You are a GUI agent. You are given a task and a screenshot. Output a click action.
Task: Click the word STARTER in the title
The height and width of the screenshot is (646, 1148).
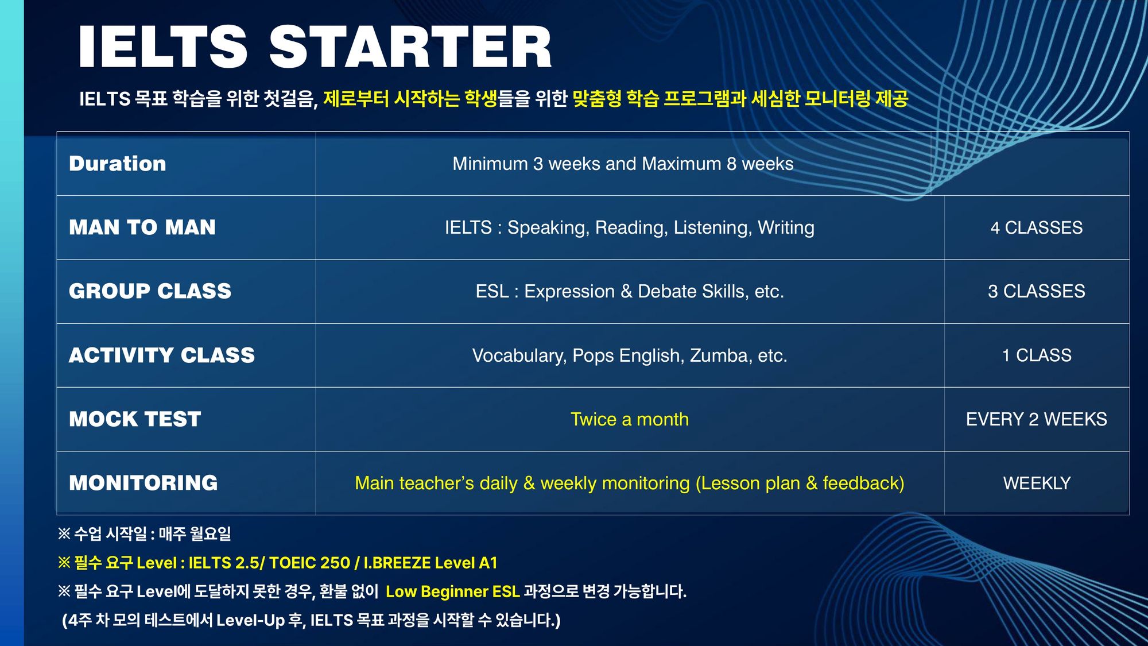(410, 47)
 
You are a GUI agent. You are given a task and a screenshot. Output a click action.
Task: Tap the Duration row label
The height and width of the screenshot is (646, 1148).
(118, 164)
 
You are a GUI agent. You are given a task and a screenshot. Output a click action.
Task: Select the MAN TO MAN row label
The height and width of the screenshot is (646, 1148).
(142, 227)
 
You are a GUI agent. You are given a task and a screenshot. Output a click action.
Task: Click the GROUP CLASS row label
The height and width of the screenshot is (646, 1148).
(150, 291)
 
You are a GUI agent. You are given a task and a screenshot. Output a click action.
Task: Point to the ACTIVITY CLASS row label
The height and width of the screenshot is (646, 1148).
(162, 355)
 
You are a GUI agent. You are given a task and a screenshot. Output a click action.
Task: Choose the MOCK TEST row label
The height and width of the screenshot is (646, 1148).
(135, 419)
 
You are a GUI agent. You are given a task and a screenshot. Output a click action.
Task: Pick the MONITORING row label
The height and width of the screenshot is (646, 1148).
(143, 483)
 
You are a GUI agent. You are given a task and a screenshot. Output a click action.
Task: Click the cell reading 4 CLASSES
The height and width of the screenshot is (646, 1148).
(1037, 228)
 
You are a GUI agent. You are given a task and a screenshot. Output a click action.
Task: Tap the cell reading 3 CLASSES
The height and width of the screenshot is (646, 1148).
(1037, 292)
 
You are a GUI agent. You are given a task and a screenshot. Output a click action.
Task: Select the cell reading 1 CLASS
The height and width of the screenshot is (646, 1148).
(1037, 355)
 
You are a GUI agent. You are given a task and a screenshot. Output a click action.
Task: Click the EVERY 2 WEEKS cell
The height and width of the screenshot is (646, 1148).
(1037, 419)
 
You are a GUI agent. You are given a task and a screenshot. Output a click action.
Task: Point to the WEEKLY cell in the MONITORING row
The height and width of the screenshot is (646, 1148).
(1037, 483)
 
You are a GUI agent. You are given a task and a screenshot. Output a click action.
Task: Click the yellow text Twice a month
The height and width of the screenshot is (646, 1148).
(630, 419)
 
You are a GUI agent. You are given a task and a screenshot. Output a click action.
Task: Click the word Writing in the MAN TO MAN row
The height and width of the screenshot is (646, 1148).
(786, 228)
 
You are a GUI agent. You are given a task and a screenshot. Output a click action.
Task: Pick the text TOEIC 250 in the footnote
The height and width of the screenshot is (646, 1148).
(309, 563)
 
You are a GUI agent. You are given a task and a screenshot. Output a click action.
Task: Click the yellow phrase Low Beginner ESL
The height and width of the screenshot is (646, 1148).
(452, 591)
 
